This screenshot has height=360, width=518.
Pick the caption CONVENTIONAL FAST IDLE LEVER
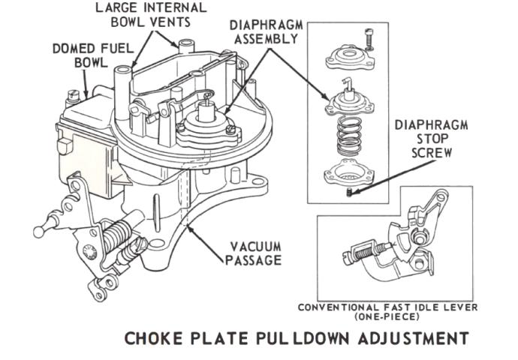coord(387,307)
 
